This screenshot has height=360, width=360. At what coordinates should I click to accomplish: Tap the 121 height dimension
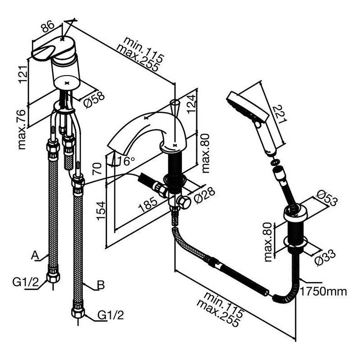23,75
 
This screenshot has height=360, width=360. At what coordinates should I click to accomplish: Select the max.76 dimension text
22,130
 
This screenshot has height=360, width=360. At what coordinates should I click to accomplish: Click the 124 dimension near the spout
191,104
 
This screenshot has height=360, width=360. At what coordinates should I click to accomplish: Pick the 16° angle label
126,161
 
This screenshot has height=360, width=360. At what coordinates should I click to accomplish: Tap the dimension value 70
97,168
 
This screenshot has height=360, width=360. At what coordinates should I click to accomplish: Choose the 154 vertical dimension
101,211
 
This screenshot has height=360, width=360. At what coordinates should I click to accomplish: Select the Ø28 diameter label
204,195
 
